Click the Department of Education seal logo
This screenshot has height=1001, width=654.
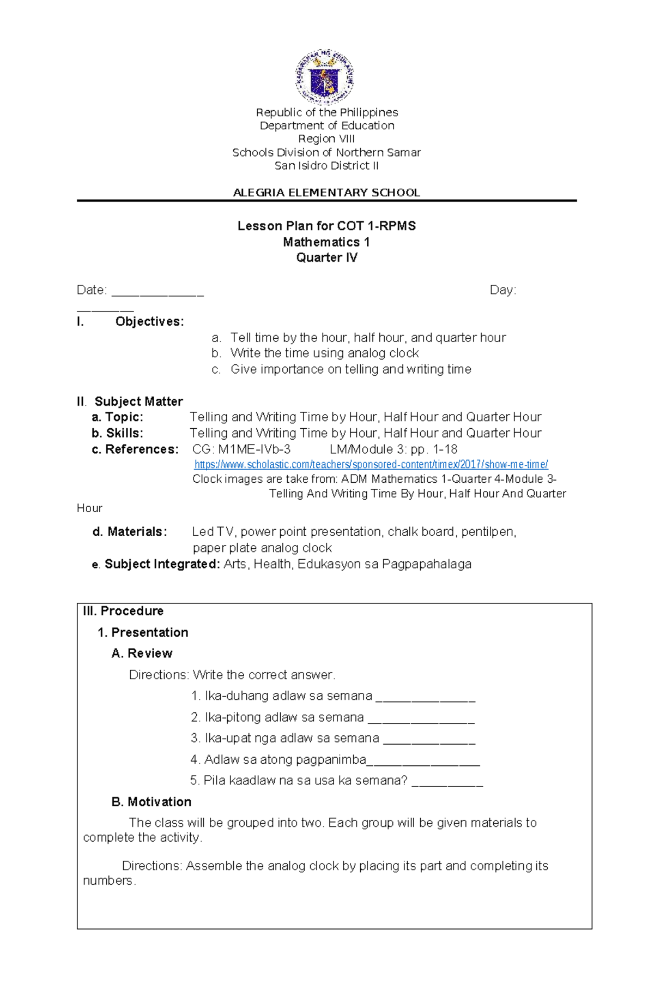point(325,77)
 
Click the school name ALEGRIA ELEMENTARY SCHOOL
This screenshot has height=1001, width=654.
point(326,193)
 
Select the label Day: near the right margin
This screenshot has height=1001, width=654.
point(502,290)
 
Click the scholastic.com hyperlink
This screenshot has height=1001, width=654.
point(371,464)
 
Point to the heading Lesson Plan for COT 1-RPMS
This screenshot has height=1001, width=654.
point(326,226)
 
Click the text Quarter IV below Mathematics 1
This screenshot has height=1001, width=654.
point(326,257)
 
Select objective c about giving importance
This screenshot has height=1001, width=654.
point(350,369)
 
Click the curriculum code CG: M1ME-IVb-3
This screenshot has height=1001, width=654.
point(241,449)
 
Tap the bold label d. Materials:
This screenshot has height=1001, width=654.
point(130,531)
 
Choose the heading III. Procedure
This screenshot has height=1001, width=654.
point(123,610)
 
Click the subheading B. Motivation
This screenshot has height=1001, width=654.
point(151,801)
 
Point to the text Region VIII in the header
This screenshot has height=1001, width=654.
point(326,139)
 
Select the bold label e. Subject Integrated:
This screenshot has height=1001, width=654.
point(156,564)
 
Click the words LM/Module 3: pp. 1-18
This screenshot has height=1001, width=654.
point(393,449)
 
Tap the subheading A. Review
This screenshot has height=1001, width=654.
point(142,653)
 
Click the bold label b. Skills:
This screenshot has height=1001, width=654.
point(117,433)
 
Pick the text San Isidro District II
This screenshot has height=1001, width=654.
point(326,165)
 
